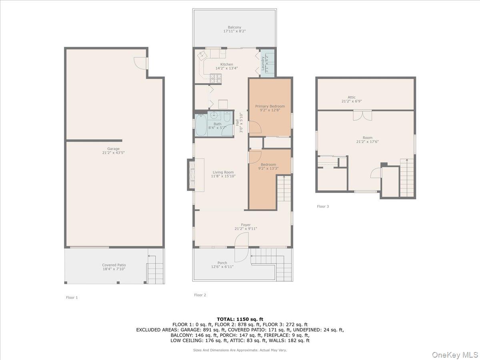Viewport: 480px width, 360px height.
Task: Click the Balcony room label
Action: point(234,27)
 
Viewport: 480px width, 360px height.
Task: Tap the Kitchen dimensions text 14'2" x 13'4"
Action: point(226,68)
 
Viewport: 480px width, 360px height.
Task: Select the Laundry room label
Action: point(263,63)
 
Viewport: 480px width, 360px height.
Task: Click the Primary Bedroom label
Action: point(270,106)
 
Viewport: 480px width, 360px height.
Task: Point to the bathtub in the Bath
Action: point(202,125)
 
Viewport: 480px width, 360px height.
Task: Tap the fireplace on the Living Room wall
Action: point(191,175)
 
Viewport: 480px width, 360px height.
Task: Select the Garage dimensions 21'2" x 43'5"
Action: point(113,153)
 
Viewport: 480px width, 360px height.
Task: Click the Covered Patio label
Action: point(114,265)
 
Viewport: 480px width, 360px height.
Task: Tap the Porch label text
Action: point(222,263)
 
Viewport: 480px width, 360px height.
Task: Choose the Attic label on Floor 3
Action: point(351,97)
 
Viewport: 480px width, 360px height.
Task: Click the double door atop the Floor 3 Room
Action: point(362,115)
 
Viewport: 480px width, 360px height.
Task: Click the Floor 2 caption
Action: point(200,295)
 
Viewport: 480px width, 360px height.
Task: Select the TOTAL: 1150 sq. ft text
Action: point(240,319)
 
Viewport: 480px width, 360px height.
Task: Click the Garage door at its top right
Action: point(141,63)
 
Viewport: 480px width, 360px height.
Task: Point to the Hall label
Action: point(237,123)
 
